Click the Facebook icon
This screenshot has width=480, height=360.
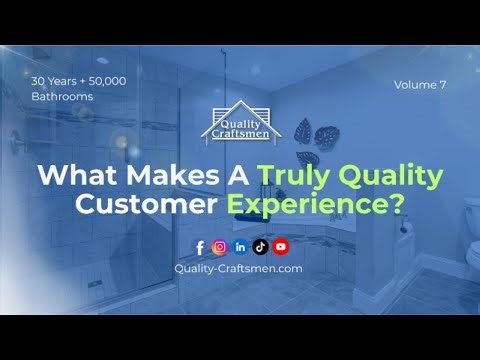tap(200, 247)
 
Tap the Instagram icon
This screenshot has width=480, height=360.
tap(219, 247)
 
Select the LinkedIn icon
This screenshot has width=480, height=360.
tap(240, 247)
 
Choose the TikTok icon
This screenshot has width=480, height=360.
tap(260, 247)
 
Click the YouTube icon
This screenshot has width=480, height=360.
tap(280, 247)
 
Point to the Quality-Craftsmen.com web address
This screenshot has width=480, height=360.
tap(238, 269)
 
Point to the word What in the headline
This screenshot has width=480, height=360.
tap(76, 176)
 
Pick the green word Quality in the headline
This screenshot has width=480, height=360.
tap(386, 177)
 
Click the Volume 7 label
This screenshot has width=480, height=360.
tap(421, 85)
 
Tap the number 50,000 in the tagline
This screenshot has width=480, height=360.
tap(103, 80)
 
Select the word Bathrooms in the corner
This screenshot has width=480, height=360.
tap(62, 97)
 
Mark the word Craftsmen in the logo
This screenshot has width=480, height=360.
tap(241, 131)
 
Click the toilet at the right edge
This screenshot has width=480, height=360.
tap(471, 215)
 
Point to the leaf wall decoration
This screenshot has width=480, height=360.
tap(322, 135)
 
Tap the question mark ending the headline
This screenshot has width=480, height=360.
tap(397, 207)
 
